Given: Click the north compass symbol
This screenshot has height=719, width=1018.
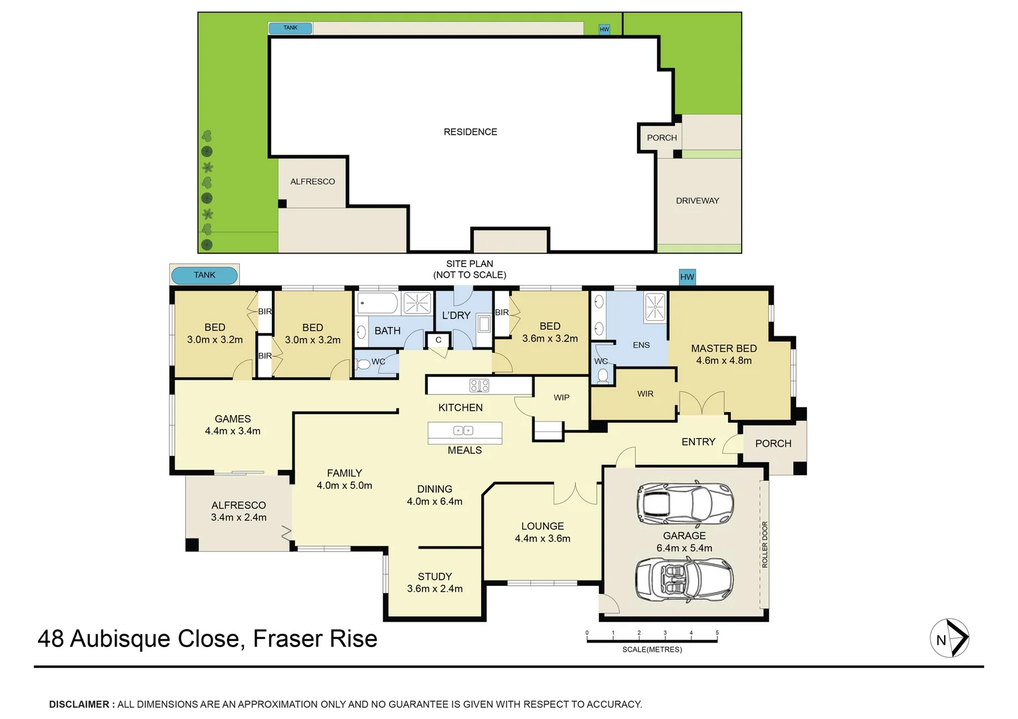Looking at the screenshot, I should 949,638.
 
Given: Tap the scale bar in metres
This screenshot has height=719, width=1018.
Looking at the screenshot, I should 652,640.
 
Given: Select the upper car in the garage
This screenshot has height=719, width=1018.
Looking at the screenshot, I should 685,503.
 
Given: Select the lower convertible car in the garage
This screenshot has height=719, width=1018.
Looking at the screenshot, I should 684,579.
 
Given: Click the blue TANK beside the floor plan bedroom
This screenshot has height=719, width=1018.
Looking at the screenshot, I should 205,275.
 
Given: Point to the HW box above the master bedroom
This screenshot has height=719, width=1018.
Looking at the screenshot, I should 687,277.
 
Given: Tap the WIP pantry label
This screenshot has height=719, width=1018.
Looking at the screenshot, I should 562,397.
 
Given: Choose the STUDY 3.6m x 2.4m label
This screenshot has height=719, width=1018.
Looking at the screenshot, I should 434,583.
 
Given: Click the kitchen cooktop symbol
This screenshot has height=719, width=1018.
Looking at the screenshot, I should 480,385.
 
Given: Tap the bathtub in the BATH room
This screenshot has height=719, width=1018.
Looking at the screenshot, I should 378,303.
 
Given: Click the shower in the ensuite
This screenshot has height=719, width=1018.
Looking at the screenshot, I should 655,306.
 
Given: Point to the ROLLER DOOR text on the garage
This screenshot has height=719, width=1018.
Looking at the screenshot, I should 765,544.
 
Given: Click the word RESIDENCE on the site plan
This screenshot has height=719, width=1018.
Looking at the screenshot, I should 470,132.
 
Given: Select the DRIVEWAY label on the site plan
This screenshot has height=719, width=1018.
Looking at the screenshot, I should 698,200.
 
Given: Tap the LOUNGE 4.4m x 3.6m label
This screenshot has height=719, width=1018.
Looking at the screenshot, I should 542,532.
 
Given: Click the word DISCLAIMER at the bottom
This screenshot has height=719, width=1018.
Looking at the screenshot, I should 79,704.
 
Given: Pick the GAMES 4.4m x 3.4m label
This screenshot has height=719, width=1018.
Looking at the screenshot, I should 233,425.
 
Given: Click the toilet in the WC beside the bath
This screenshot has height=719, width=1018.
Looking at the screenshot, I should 364,364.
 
